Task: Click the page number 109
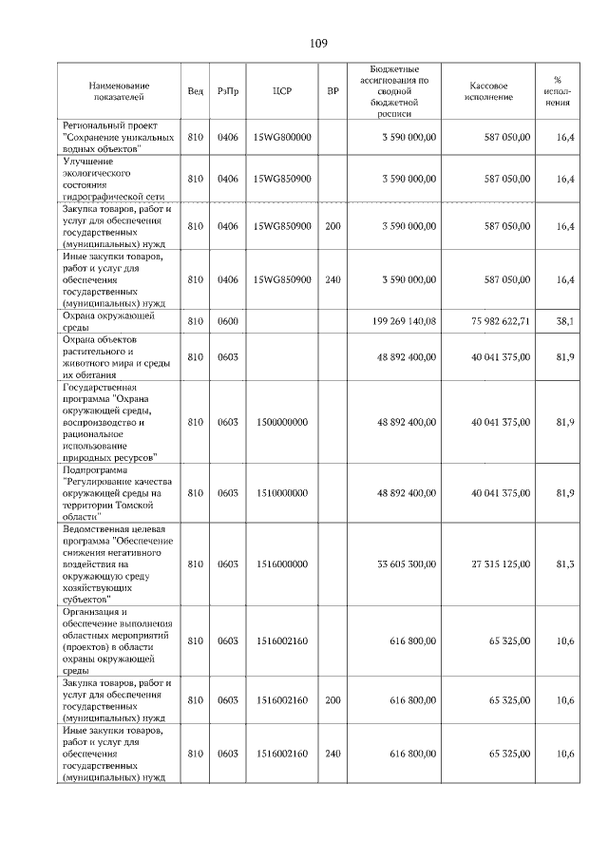tap(318, 43)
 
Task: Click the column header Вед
tap(196, 91)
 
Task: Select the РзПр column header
tap(228, 91)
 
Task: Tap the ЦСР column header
tap(281, 91)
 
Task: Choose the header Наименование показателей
tap(115, 91)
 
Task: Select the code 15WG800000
tap(282, 138)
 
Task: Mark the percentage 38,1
tap(564, 321)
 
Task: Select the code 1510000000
tap(282, 493)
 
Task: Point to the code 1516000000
tap(282, 564)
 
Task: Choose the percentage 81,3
tap(564, 564)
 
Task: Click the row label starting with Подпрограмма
tap(112, 493)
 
